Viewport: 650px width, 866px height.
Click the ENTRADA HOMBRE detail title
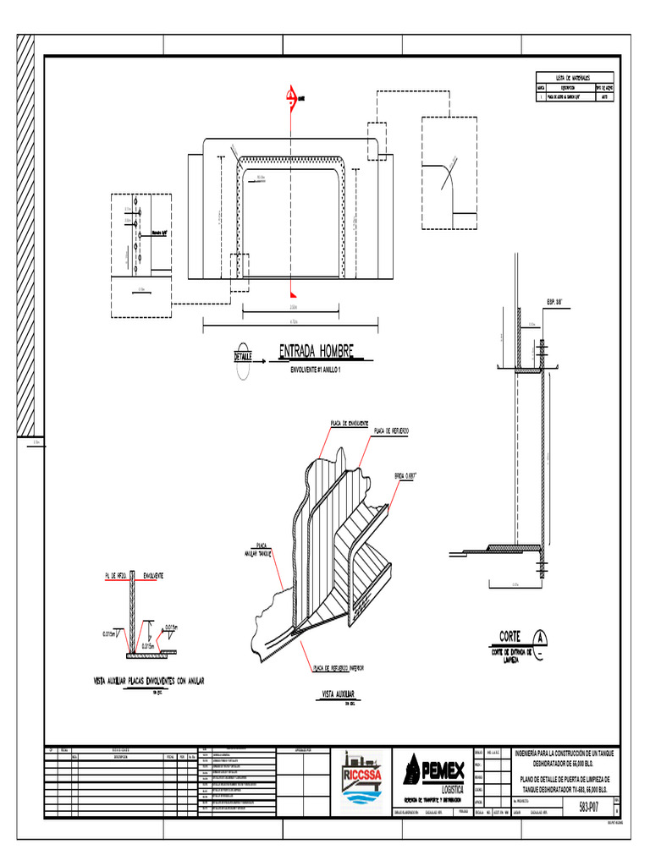(316, 351)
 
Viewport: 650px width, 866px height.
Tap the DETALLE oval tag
(244, 356)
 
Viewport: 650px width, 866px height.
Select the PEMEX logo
(432, 769)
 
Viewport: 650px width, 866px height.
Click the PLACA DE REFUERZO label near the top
(391, 431)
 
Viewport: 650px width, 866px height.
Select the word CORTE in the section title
(510, 636)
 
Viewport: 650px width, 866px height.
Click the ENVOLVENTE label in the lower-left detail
(160, 576)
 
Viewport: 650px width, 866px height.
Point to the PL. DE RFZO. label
(116, 576)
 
